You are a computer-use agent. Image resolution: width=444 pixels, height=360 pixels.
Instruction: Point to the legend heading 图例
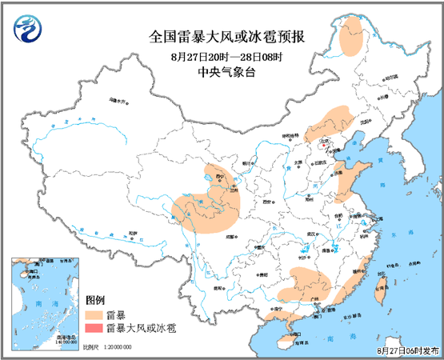point(95,299)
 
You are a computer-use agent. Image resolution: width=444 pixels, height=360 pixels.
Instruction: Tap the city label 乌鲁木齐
point(117,102)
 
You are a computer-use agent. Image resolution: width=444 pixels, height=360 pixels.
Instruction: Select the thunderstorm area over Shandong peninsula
point(347,182)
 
